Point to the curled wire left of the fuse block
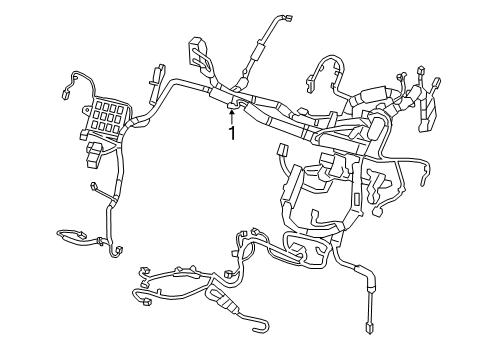point(69,85)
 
